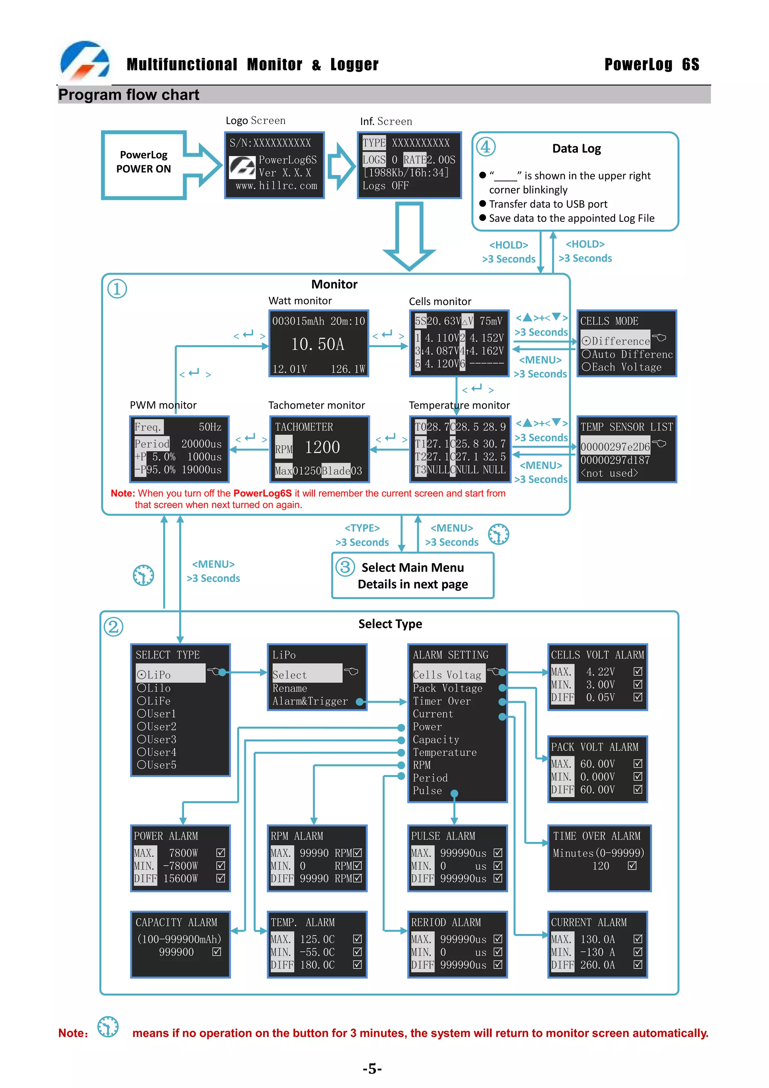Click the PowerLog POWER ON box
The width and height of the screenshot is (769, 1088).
pyautogui.click(x=143, y=162)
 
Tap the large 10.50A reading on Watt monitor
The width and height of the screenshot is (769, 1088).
pyautogui.click(x=317, y=344)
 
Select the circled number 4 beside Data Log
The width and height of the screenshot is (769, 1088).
pyautogui.click(x=486, y=147)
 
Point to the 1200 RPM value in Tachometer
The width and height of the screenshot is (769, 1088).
pyautogui.click(x=322, y=447)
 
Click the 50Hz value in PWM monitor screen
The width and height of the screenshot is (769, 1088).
pyautogui.click(x=210, y=427)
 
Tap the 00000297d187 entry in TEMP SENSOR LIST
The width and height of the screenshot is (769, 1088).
pyautogui.click(x=615, y=460)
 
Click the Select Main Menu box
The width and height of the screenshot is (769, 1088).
pyautogui.click(x=412, y=575)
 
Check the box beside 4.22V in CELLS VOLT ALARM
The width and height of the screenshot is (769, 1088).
pyautogui.click(x=638, y=672)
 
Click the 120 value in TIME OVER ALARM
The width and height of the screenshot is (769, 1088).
pyautogui.click(x=600, y=866)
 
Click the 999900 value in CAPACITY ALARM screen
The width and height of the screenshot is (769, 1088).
pyautogui.click(x=176, y=952)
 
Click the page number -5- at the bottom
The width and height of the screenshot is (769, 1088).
pyautogui.click(x=372, y=1068)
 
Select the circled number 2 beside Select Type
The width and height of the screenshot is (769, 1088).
pyautogui.click(x=114, y=626)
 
